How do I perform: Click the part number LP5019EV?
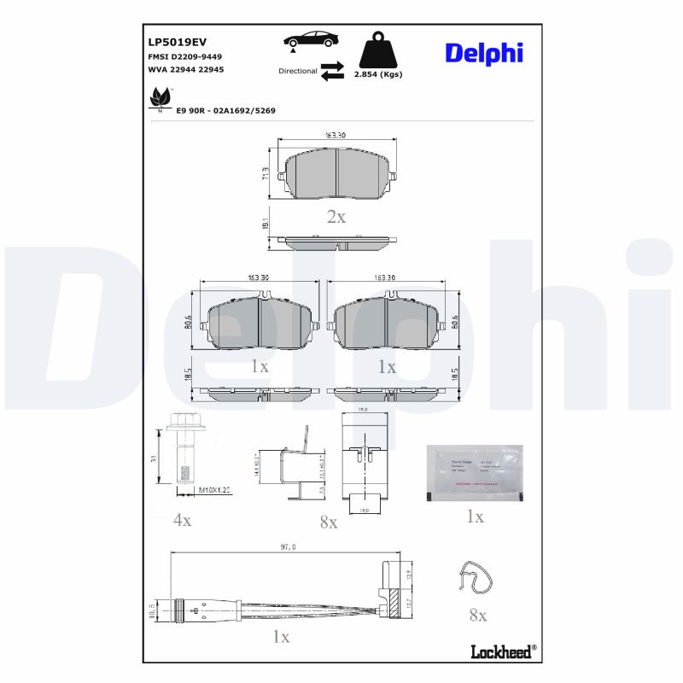[x=178, y=41]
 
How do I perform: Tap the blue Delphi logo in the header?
[x=483, y=53]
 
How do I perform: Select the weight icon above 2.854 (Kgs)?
[x=377, y=51]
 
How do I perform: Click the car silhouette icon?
[x=309, y=40]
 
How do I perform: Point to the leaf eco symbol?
[x=160, y=98]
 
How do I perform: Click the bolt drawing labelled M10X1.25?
[x=181, y=457]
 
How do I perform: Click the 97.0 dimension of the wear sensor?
[x=287, y=547]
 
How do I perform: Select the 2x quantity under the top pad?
[x=336, y=217]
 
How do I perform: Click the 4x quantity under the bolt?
[x=182, y=519]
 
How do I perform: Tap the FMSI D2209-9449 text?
[x=184, y=55]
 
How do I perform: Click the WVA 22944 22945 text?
[x=186, y=69]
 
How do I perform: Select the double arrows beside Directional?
[x=332, y=71]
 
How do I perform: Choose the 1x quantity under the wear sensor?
[x=281, y=637]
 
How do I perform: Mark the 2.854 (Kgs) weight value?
[x=378, y=74]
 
